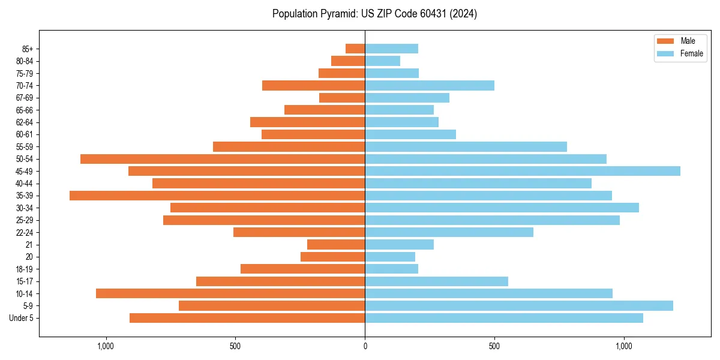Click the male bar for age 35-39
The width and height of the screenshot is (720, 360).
coord(217,196)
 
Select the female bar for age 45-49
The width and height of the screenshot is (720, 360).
coord(523,171)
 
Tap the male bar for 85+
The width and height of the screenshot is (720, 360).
coord(355,49)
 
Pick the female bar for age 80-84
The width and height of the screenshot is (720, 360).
coord(383,61)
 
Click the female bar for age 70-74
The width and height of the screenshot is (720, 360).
coord(430,85)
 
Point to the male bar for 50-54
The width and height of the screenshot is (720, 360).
coord(223,159)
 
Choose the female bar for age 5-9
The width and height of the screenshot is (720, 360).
coord(519,306)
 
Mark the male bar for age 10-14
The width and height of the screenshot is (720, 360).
coord(230,293)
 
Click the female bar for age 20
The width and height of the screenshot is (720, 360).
coord(390,257)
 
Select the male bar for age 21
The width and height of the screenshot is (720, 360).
coord(336,245)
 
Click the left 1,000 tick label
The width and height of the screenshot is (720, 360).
coord(106,346)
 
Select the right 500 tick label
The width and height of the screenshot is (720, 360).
coord(494,346)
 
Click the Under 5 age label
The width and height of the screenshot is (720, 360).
coord(21,318)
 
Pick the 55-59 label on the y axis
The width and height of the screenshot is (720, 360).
coord(25,147)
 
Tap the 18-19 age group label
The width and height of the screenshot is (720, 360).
coord(25,269)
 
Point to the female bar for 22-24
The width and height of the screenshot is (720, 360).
coord(449,232)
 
